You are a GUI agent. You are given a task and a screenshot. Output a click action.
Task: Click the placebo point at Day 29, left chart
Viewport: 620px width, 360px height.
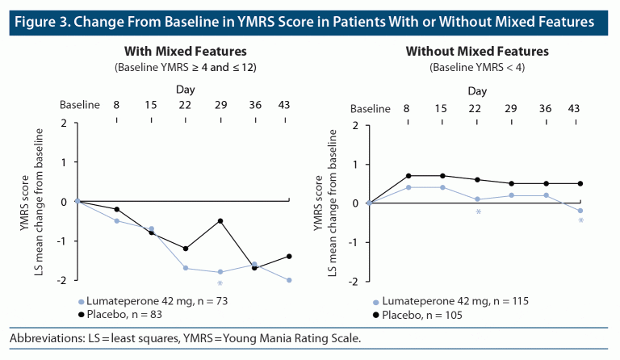(x=220, y=220)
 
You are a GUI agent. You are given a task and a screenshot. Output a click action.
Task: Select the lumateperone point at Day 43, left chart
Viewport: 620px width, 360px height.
(x=290, y=280)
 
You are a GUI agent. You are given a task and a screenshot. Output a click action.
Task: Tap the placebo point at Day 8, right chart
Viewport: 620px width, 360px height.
(x=408, y=175)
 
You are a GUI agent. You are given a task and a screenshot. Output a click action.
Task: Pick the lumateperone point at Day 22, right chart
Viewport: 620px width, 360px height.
(x=477, y=199)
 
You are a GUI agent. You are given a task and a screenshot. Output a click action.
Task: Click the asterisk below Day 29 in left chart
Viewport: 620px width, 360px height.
(x=220, y=284)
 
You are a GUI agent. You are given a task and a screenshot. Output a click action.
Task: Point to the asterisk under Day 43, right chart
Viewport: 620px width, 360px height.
(x=581, y=221)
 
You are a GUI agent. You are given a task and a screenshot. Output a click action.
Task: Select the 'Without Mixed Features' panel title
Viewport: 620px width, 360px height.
(x=477, y=51)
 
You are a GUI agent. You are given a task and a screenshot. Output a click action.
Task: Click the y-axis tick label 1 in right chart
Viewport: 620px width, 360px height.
(x=355, y=165)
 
